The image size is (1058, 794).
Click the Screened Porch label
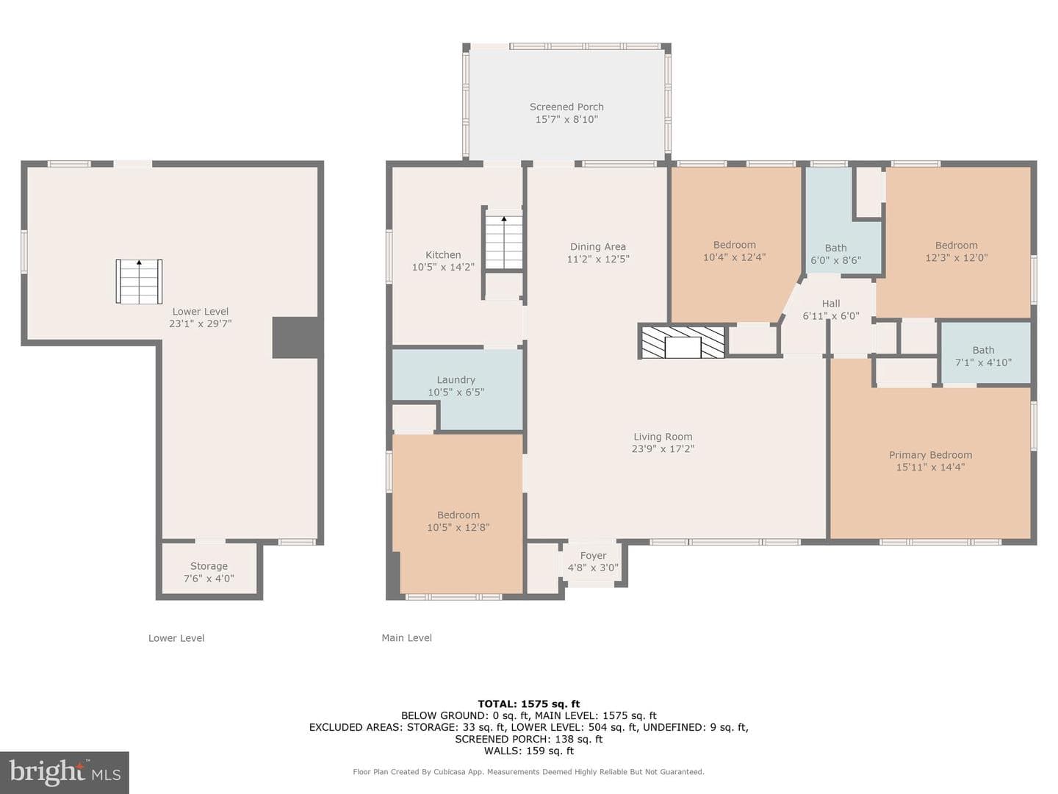click(x=566, y=107)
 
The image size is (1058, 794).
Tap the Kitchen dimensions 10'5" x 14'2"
click(x=443, y=267)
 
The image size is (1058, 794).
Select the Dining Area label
click(x=597, y=247)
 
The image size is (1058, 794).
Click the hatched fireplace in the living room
click(x=683, y=341)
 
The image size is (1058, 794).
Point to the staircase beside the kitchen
click(x=504, y=243)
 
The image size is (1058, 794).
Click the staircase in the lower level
click(x=139, y=282)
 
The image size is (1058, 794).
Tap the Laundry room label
click(x=456, y=380)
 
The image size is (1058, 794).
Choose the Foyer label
click(x=593, y=555)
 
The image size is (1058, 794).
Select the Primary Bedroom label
click(x=930, y=454)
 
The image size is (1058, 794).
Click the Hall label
click(x=831, y=303)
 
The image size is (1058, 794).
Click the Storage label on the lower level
click(x=209, y=566)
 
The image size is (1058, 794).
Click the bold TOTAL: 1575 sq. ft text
click(x=529, y=704)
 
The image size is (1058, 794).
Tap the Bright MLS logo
click(x=65, y=772)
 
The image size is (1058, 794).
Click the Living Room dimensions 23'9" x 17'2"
click(x=663, y=448)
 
